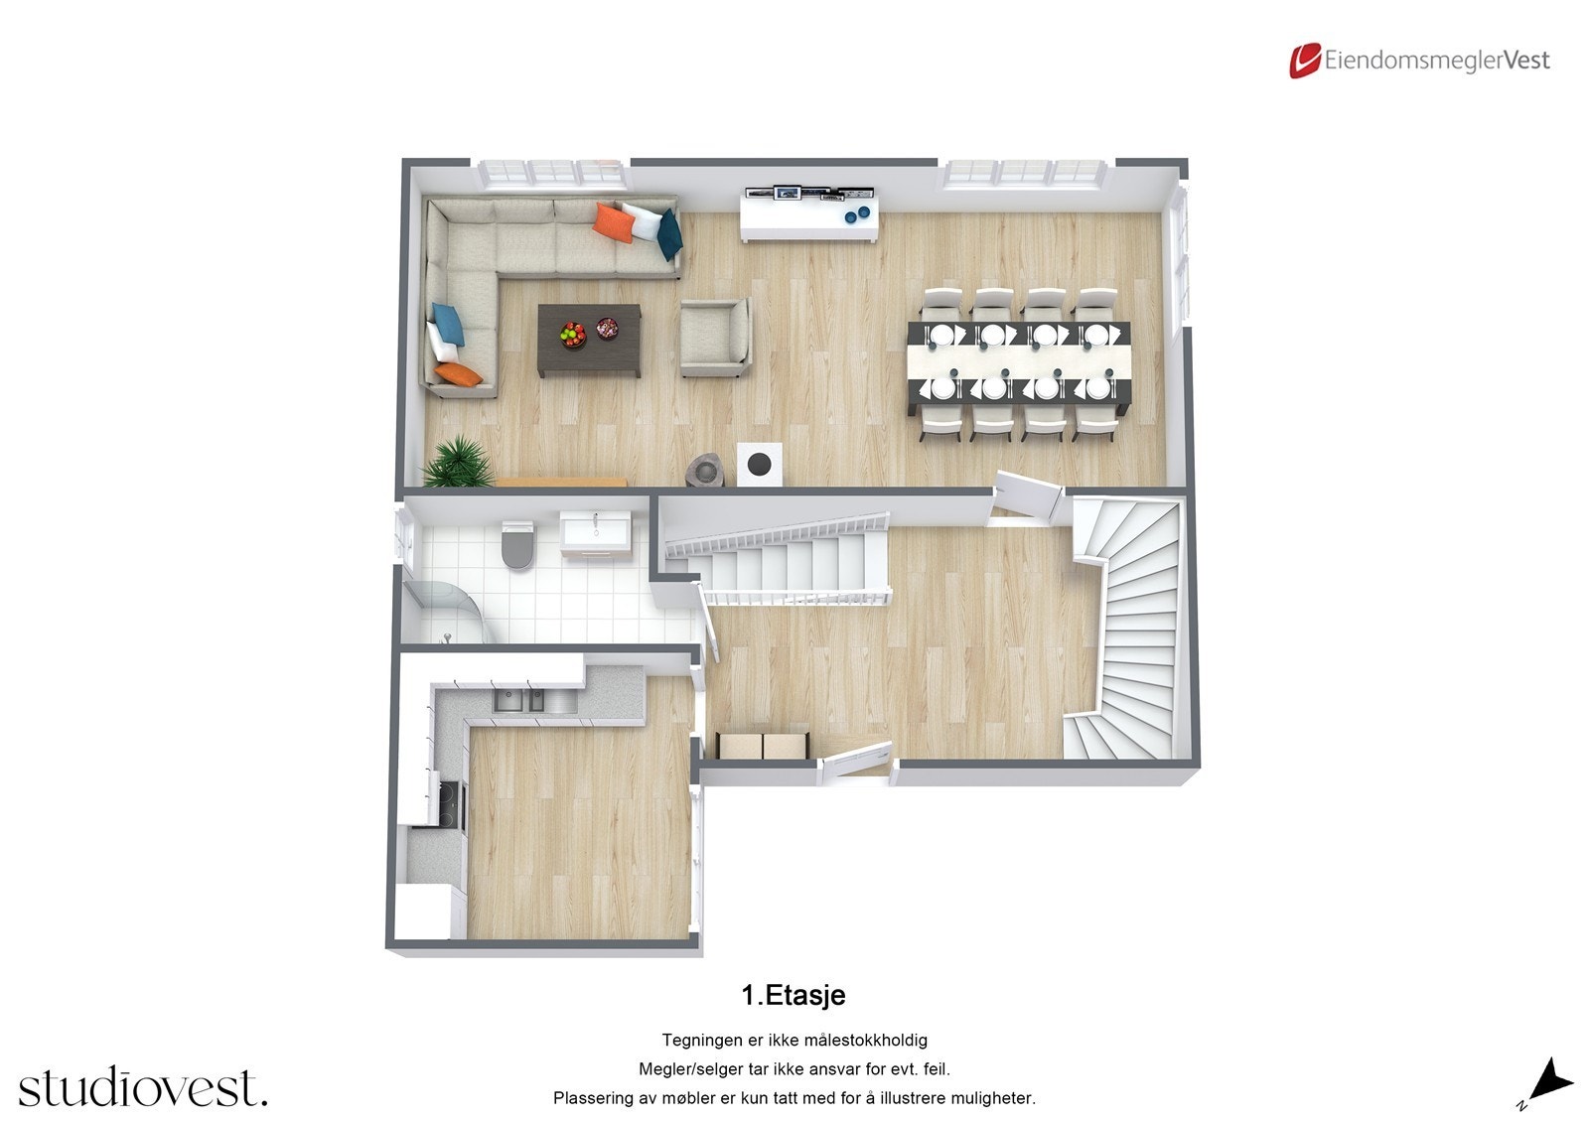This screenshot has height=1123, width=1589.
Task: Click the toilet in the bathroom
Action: [x=517, y=545]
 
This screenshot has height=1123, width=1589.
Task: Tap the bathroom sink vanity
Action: [x=595, y=533]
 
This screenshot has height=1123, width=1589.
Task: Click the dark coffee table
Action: [x=589, y=340]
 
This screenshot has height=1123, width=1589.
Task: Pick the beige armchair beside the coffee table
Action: [x=713, y=338]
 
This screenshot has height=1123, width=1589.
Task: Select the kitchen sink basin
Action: [x=519, y=700]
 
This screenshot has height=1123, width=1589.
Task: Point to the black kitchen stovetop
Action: [x=450, y=803]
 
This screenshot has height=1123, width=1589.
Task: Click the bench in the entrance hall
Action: [x=763, y=745]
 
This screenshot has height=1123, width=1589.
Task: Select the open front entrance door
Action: [x=855, y=762]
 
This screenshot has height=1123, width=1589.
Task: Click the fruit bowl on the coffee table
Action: [x=572, y=333]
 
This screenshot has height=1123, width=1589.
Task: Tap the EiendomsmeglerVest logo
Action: [x=1419, y=61]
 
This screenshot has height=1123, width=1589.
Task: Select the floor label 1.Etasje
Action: [x=794, y=995]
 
